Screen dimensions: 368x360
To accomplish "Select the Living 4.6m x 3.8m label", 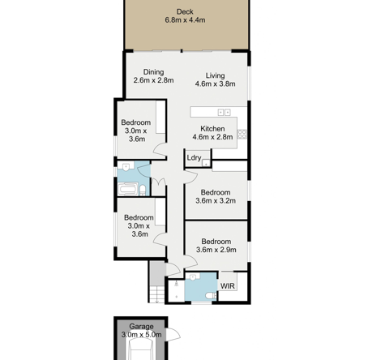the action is (215, 79).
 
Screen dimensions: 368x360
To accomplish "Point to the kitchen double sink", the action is (225, 112).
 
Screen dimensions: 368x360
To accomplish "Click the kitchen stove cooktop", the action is (242, 134).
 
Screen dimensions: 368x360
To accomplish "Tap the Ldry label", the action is (194, 158).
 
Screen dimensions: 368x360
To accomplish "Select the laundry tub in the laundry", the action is (206, 163).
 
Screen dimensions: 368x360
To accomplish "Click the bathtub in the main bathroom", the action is (127, 189).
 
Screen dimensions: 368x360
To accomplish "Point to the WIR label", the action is (228, 286).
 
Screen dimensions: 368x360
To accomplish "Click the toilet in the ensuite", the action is (212, 296).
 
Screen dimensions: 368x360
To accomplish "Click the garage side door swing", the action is (173, 335).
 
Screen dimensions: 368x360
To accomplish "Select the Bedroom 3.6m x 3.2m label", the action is (216, 197).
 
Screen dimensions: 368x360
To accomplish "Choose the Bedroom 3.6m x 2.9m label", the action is (216, 246).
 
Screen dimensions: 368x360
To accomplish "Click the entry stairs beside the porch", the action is (157, 294).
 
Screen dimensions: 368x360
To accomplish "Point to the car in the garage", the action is (140, 350).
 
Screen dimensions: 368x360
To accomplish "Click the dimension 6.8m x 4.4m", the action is (185, 20).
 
